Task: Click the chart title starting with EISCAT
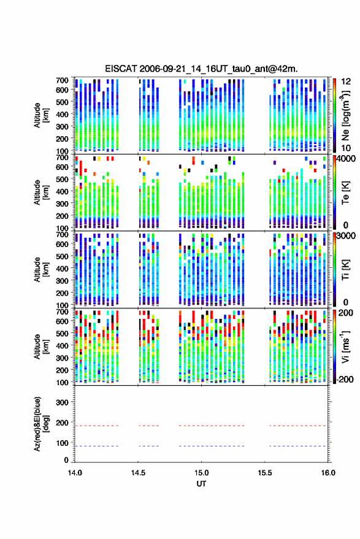coord(201,69)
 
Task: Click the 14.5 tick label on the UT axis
coord(138,473)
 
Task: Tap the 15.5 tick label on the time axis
coord(265,473)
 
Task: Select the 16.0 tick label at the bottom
coord(328,473)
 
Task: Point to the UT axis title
coord(201,484)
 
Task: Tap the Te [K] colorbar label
coord(345,193)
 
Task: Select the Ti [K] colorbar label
coord(345,270)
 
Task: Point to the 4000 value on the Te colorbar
coord(345,159)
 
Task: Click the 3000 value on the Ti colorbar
coord(345,236)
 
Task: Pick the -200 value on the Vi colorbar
coord(344,380)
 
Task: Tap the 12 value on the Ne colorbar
coord(346,82)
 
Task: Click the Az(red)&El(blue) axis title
coord(41,424)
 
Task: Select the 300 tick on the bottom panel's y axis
coord(62,402)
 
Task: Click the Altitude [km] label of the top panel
coord(41,115)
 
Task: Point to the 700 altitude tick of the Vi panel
coord(62,312)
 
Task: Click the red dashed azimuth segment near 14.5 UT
coord(149,426)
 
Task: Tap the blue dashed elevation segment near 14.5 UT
coord(149,446)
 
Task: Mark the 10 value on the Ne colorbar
coord(346,148)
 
